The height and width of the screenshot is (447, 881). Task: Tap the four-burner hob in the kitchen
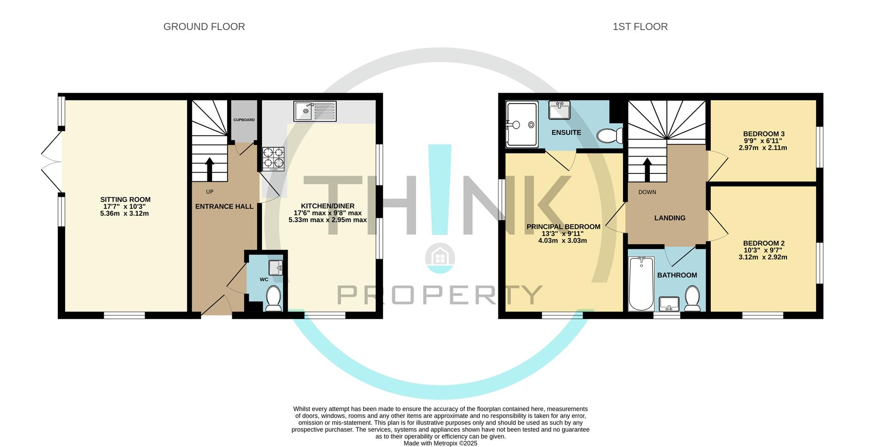[x=273, y=159]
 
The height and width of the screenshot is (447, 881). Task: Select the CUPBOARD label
[x=244, y=120]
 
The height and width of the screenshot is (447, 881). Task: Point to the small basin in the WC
[x=276, y=268]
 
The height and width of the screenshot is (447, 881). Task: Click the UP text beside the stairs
[x=210, y=192]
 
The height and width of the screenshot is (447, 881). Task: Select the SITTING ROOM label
[x=125, y=200]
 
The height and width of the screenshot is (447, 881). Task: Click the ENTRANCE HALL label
[x=224, y=207]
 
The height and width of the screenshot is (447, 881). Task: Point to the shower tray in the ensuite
[x=522, y=125]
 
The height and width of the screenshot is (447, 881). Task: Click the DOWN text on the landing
[x=647, y=192]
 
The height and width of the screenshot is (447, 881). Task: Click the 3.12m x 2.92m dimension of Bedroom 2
[x=763, y=257]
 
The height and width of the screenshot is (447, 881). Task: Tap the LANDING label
[x=669, y=218]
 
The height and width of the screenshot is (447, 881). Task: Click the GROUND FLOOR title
[x=204, y=27]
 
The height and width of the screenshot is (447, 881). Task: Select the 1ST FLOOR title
[x=640, y=27]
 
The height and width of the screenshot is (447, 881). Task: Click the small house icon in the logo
[x=440, y=257]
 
